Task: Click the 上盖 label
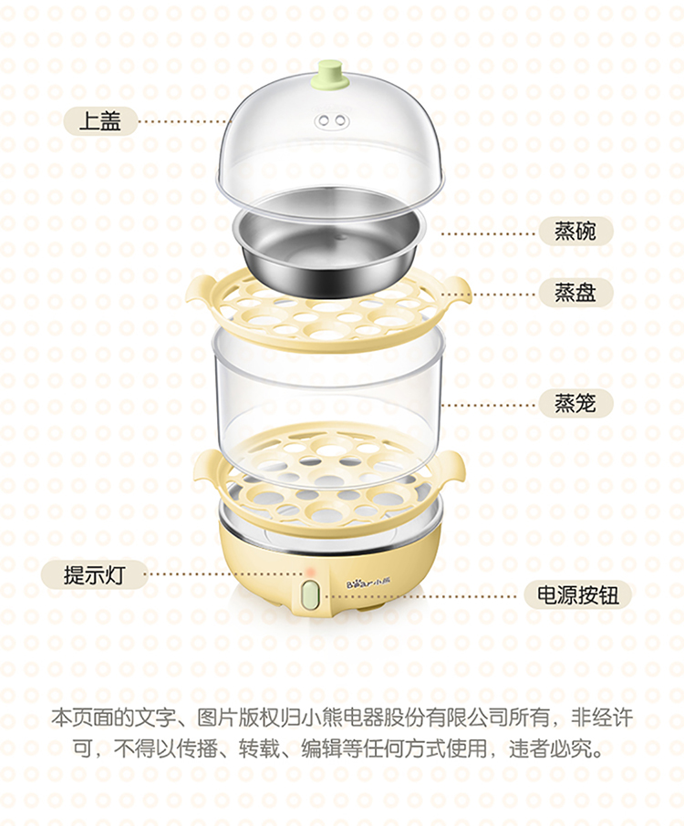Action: point(100,121)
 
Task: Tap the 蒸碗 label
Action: point(575,231)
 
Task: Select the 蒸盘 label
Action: point(575,293)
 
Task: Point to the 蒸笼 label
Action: point(575,404)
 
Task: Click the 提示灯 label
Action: point(95,574)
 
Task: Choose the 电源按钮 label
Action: point(578,594)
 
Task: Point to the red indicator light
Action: point(310,573)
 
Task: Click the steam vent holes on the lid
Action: point(332,121)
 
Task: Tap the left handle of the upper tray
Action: point(201,293)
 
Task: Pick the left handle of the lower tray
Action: point(207,466)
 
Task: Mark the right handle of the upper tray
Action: point(455,292)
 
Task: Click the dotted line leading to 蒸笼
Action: point(489,406)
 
